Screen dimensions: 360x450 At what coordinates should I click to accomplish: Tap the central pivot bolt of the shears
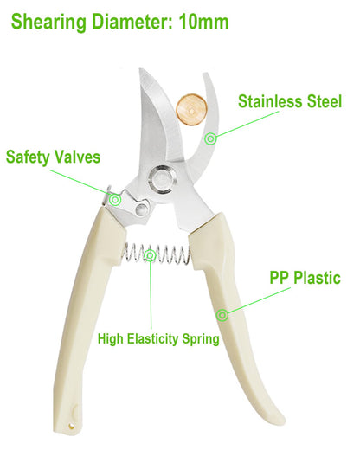[162, 180]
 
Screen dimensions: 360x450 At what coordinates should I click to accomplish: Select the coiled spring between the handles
[157, 254]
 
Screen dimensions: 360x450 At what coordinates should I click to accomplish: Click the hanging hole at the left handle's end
[71, 426]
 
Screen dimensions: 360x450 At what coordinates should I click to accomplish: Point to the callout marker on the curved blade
[210, 138]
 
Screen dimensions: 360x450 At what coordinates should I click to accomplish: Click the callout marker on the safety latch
[115, 199]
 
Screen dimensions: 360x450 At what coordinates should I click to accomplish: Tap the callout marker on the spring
[150, 255]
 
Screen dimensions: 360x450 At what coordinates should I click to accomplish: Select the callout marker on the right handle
[222, 315]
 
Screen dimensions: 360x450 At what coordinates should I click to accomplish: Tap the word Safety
[28, 157]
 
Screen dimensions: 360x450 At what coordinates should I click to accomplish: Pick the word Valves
[77, 157]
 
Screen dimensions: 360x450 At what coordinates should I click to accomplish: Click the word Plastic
[317, 278]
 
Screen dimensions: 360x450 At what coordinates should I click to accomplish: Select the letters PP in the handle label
[279, 278]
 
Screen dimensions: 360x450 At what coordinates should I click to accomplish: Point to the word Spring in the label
[200, 339]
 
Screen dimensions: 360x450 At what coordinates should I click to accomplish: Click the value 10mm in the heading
[203, 22]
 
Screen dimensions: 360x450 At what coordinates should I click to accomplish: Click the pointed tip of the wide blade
[140, 68]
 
